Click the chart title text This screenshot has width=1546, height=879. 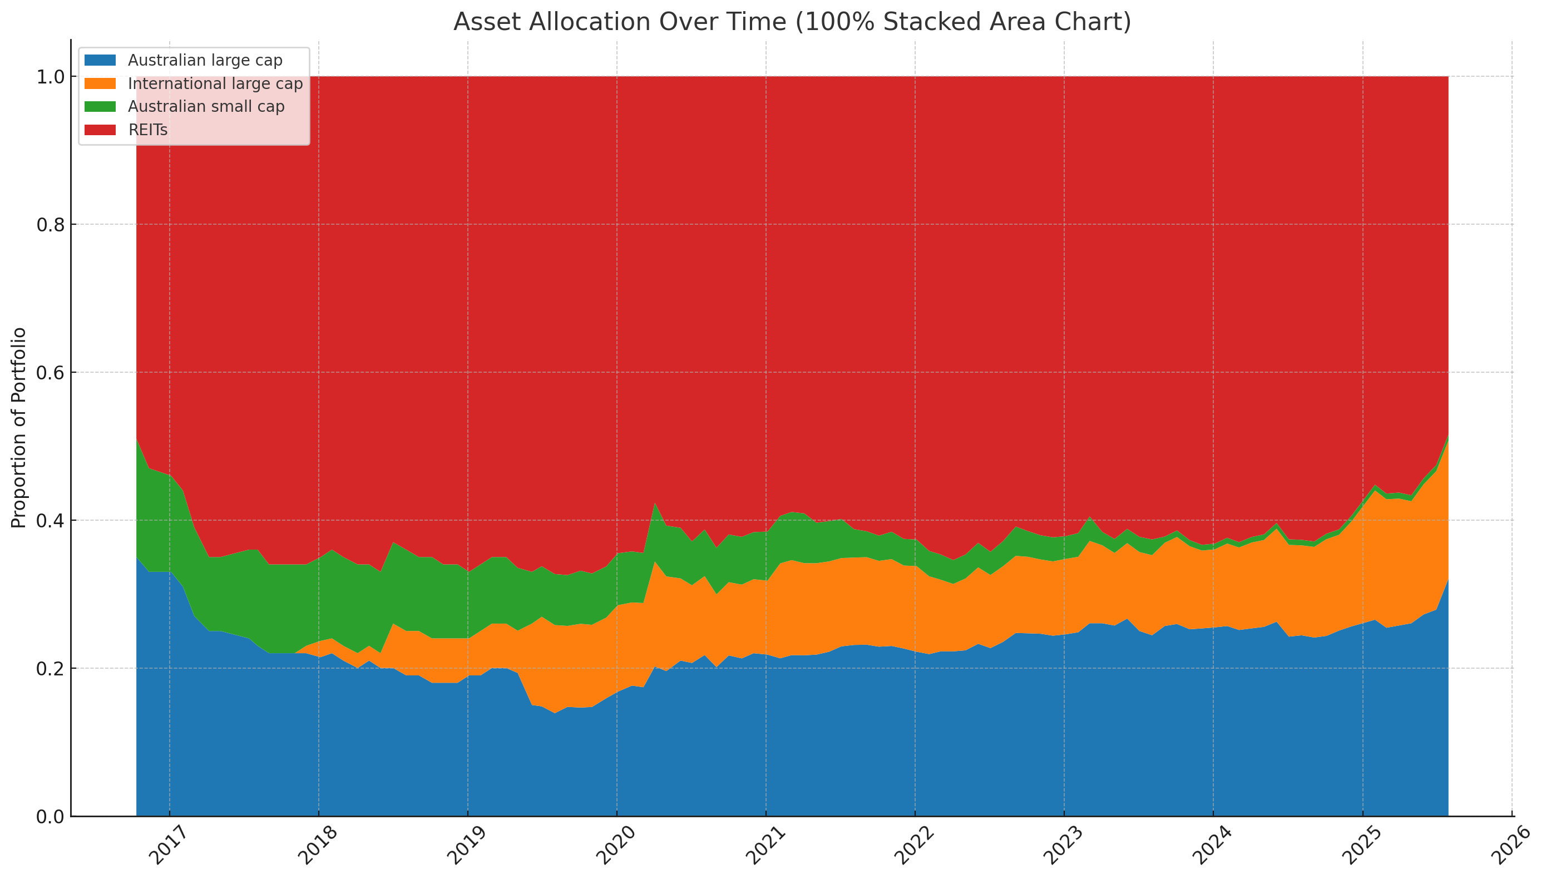(x=792, y=22)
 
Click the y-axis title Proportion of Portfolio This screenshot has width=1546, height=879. (x=19, y=427)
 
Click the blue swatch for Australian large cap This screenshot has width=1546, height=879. (x=100, y=61)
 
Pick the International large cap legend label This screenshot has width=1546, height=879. (x=215, y=83)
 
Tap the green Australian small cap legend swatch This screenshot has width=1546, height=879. (x=100, y=107)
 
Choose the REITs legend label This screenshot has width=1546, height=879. (x=148, y=130)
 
